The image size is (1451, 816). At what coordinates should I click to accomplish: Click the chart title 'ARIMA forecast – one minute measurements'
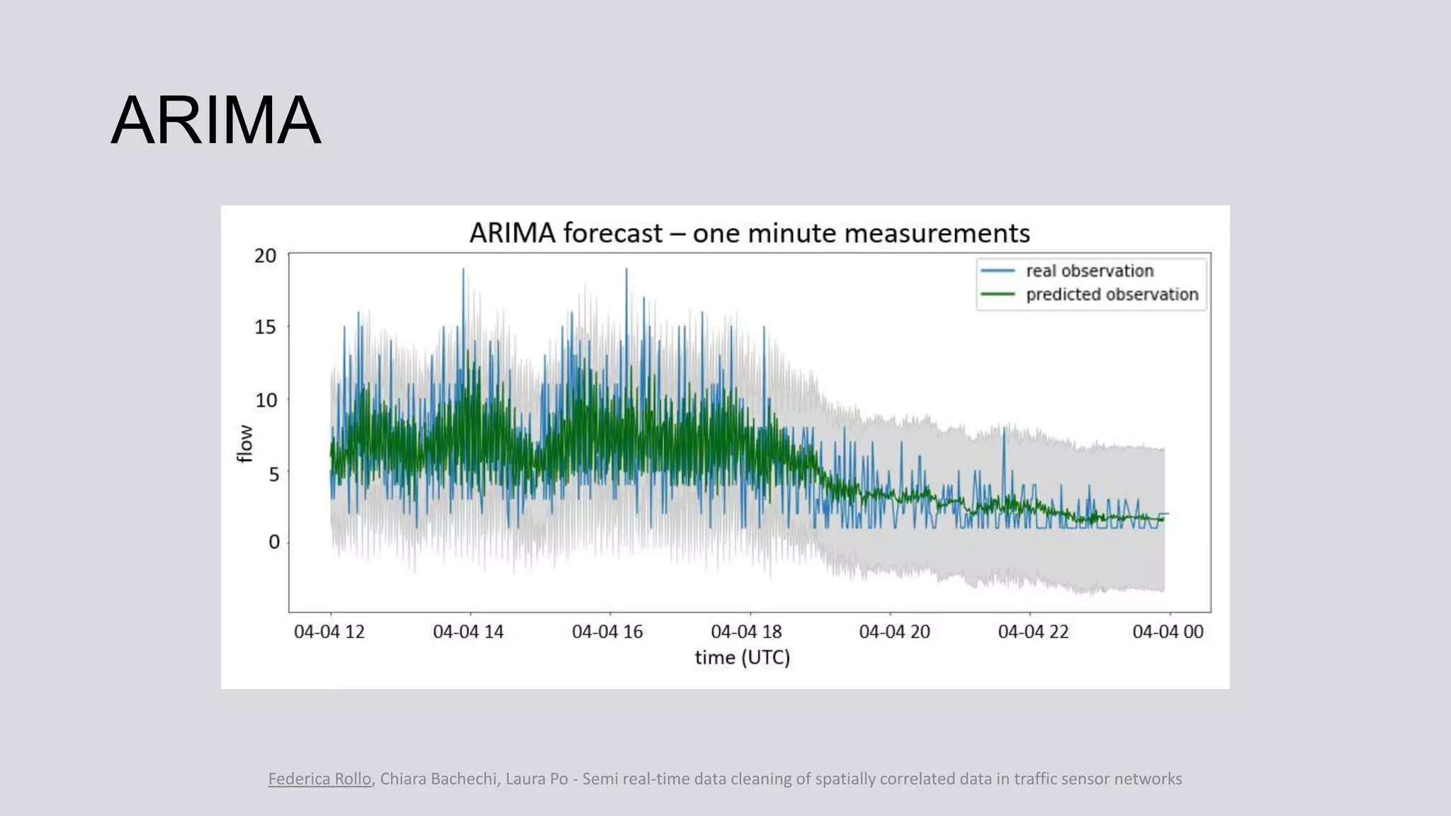point(749,233)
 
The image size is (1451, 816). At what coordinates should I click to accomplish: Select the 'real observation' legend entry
point(1089,271)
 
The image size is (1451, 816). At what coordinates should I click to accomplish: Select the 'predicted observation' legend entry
point(1112,294)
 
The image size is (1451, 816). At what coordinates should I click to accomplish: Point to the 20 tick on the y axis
point(266,256)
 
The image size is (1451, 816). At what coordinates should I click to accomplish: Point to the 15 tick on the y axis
point(266,327)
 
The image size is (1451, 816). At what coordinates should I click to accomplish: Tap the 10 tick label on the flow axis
point(266,400)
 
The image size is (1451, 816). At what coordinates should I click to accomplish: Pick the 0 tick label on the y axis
point(273,543)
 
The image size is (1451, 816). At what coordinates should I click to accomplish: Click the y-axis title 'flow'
point(244,443)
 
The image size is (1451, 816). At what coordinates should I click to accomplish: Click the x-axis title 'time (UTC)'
point(742,657)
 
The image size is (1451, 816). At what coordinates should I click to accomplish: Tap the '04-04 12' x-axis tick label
point(329,632)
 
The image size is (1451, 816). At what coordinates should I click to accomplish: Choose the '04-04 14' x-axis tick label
point(468,632)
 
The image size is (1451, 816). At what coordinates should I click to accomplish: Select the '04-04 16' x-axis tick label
point(607,632)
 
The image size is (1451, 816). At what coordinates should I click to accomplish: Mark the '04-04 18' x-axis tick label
point(746,632)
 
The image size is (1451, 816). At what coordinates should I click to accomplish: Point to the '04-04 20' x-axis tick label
point(894,632)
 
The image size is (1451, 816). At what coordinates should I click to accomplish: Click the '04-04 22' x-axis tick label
point(1033,632)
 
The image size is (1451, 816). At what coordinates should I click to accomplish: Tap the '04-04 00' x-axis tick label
point(1168,632)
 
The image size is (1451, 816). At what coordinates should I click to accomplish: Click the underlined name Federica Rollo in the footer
point(320,779)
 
